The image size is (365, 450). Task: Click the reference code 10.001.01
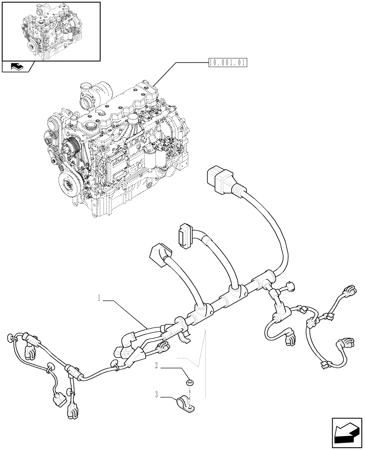click(228, 63)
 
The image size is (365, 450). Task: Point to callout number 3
click(156, 396)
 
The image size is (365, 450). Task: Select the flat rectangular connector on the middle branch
click(186, 234)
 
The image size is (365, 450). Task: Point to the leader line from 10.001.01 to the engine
click(180, 74)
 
